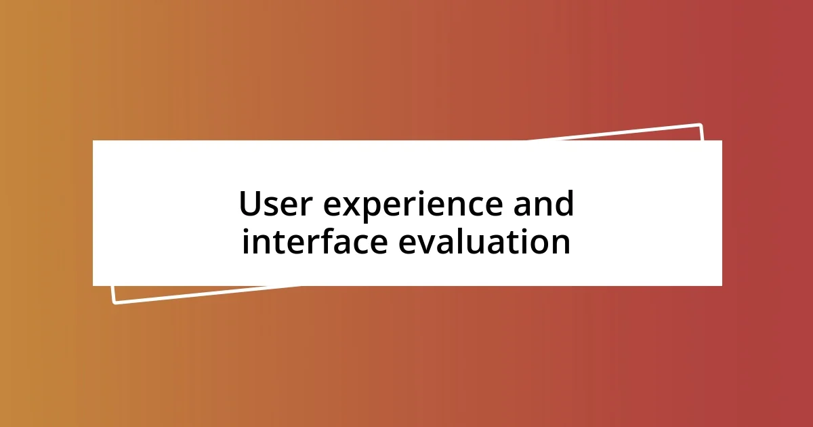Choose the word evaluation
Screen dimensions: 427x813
pyautogui.click(x=484, y=242)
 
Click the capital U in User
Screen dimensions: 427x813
pyautogui.click(x=251, y=204)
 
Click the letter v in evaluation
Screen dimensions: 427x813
pyautogui.click(x=428, y=244)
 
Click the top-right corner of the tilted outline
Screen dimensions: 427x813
pyautogui.click(x=700, y=125)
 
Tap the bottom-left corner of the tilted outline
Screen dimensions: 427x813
pyautogui.click(x=114, y=302)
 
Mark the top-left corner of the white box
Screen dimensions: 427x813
pyautogui.click(x=93, y=141)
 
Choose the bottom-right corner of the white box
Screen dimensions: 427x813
pyautogui.click(x=722, y=285)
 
